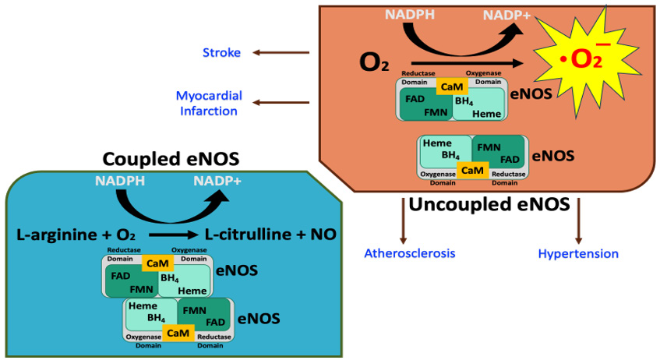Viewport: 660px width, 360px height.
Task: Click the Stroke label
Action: pyautogui.click(x=221, y=53)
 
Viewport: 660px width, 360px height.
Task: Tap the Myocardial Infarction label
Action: pyautogui.click(x=208, y=103)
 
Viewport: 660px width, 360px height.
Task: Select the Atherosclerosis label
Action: pyautogui.click(x=410, y=253)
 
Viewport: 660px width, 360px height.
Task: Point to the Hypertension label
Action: pyautogui.click(x=578, y=253)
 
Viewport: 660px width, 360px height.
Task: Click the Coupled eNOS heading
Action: pyautogui.click(x=171, y=160)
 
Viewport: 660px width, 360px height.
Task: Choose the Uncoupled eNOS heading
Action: pyautogui.click(x=489, y=205)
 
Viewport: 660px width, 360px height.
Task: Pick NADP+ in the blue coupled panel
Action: pyautogui.click(x=217, y=182)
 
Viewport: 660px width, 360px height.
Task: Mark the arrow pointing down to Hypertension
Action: pyautogui.click(x=578, y=221)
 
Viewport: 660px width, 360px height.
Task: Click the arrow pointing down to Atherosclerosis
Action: pyautogui.click(x=404, y=221)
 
